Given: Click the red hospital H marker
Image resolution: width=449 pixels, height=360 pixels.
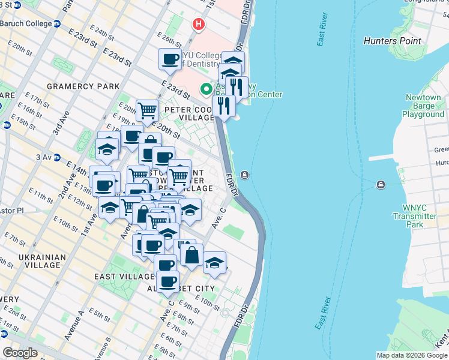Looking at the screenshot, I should pyautogui.click(x=199, y=25).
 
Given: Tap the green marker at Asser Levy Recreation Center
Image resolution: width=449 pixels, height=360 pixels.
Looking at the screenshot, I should pyautogui.click(x=207, y=89).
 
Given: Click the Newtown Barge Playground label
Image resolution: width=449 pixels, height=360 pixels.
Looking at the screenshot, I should pyautogui.click(x=423, y=106).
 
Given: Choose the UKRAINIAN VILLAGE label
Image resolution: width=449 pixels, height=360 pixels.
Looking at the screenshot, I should pyautogui.click(x=38, y=262).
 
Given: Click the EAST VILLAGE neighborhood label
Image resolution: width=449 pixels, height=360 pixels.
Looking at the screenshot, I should pyautogui.click(x=124, y=277).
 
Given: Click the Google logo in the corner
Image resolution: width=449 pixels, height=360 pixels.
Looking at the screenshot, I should pyautogui.click(x=20, y=353).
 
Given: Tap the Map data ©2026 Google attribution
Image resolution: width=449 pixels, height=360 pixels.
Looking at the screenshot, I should pyautogui.click(x=411, y=355).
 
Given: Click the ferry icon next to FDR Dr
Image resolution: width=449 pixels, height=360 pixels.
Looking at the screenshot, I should pyautogui.click(x=245, y=175).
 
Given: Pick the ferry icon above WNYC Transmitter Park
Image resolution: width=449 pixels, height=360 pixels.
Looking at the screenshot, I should pyautogui.click(x=380, y=184).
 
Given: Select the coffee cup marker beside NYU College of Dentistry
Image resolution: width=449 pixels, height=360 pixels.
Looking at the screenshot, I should pyautogui.click(x=170, y=59).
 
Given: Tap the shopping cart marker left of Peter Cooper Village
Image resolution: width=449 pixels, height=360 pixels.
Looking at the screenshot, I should pyautogui.click(x=147, y=110).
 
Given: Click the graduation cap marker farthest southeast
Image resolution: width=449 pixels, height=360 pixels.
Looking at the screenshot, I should pyautogui.click(x=214, y=262).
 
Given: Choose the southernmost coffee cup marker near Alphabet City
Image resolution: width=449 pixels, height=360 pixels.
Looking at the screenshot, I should pyautogui.click(x=167, y=281).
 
